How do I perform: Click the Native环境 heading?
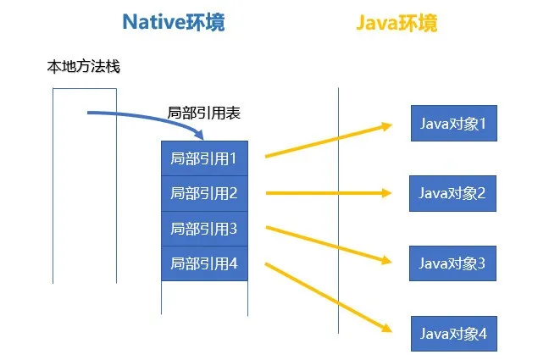coord(174,22)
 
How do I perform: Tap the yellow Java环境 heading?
coord(396,23)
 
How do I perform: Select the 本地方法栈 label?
coord(83,66)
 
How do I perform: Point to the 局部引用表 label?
coord(204,113)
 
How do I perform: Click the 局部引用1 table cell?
coord(204,158)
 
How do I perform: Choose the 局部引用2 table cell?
coord(204,193)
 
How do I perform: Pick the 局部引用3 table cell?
coord(204,229)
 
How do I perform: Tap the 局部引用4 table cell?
coord(204,263)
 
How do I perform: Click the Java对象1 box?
coord(454,124)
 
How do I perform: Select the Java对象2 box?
coord(452,193)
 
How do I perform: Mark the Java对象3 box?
coord(452,263)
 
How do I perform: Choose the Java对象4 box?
coord(454,334)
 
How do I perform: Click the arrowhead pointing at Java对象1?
coord(387,126)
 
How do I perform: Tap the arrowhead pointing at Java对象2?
coord(386,193)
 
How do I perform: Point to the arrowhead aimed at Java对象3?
coord(386,260)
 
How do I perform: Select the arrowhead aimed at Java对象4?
coord(387,328)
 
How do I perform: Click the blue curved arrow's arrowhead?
coord(200,135)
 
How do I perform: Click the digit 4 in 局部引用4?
coord(233,263)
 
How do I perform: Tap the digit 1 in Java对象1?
coord(482,124)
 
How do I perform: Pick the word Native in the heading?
coord(153,22)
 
